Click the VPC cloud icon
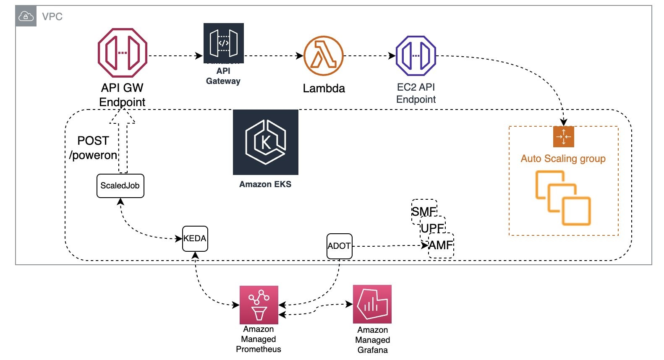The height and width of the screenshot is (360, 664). [26, 16]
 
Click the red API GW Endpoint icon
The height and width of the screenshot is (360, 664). [122, 53]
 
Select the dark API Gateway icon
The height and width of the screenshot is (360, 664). [223, 43]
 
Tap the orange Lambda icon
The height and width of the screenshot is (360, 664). [324, 55]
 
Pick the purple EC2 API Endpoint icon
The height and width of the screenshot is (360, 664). [416, 55]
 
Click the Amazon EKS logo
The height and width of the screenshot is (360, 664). [265, 142]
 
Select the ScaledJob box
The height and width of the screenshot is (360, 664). [120, 186]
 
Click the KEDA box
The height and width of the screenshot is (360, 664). [195, 238]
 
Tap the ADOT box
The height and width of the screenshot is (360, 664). [339, 246]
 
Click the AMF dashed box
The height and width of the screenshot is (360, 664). [441, 245]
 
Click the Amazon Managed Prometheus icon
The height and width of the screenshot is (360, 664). [259, 305]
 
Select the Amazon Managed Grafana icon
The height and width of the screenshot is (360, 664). [372, 304]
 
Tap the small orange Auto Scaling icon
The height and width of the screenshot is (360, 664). [563, 137]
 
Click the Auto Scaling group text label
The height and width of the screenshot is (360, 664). [563, 159]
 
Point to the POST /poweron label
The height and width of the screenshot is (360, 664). [93, 148]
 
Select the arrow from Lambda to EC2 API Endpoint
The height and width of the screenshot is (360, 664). [369, 55]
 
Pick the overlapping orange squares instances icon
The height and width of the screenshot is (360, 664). [563, 198]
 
